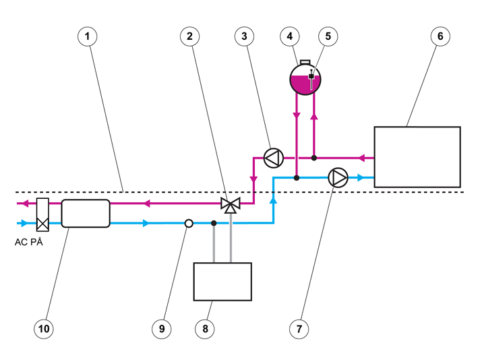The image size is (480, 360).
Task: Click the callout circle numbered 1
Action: pos(88,36)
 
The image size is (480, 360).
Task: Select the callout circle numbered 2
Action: pos(190,36)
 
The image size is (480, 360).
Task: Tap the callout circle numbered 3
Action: pos(244,36)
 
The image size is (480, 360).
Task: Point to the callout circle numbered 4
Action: pos(290,36)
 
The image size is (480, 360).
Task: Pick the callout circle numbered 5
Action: pos(328,36)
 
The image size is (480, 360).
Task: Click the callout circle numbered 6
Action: pos(440,36)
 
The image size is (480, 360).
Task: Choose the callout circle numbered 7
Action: pos(299,329)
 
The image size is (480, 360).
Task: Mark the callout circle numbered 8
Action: pos(205,329)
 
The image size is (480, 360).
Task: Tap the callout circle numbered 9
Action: pos(162,329)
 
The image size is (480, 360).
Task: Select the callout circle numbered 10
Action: pos(44,329)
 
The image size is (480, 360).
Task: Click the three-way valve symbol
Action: pos(231,205)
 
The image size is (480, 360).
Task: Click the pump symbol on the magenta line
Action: pos(273,158)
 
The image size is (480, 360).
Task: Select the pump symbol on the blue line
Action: pos(338,177)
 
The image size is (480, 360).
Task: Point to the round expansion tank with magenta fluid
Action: pos(305,79)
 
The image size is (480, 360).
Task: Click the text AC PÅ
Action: pos(29,242)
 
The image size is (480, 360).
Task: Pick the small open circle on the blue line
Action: pos(189,223)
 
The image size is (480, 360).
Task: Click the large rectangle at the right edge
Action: pos(417,157)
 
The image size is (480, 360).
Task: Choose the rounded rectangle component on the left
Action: pos(86,213)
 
